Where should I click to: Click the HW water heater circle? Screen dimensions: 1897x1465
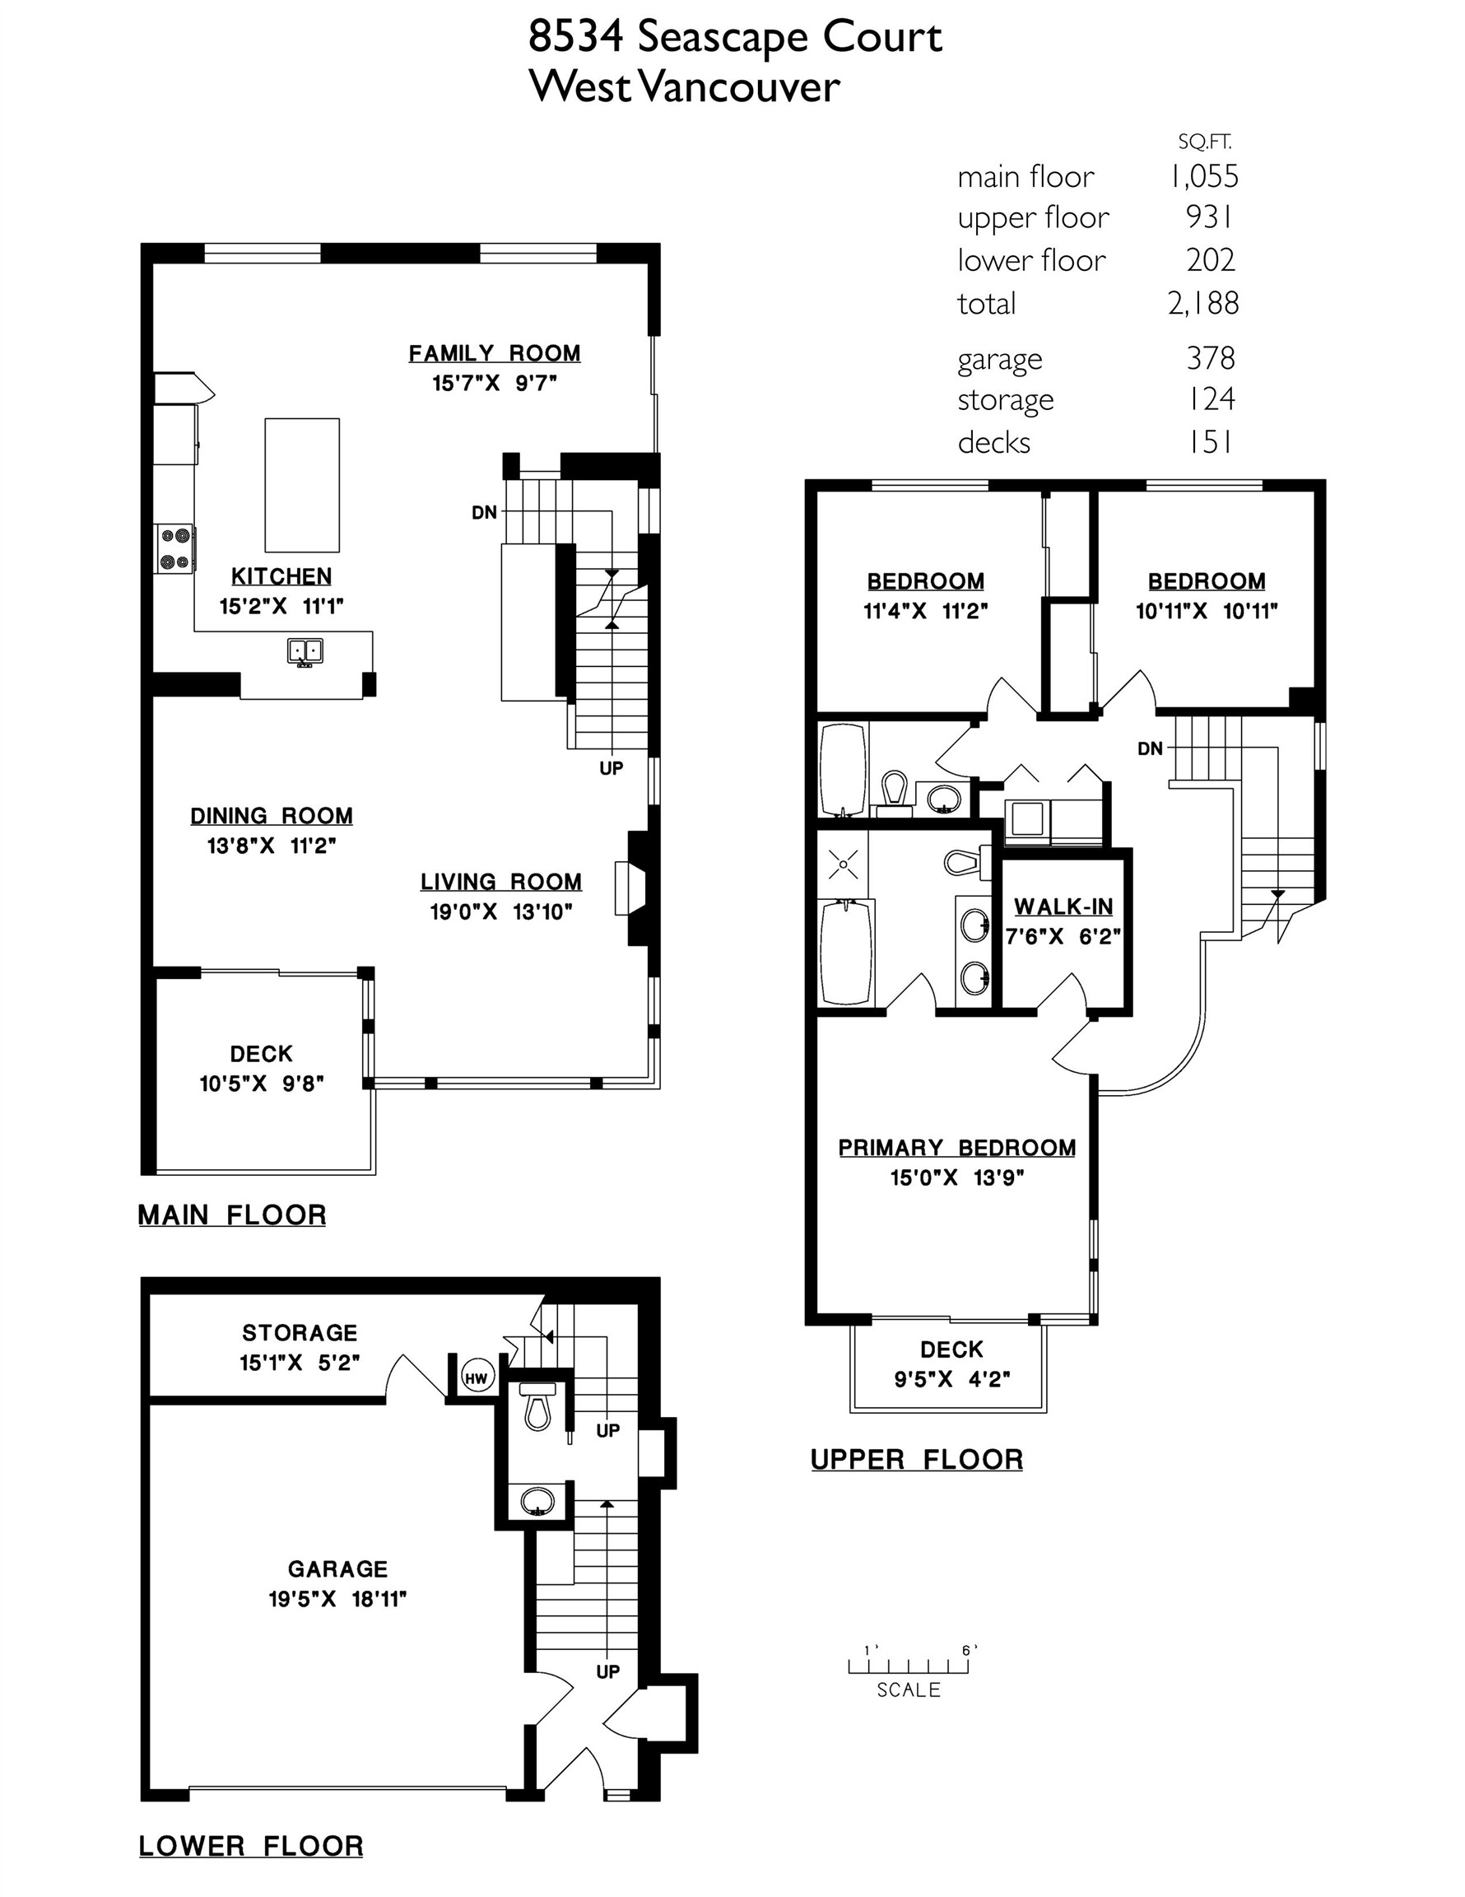(476, 1377)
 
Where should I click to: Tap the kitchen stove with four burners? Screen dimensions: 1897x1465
(175, 549)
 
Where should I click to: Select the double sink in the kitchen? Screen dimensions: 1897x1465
(305, 650)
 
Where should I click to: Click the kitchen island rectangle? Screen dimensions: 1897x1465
(301, 485)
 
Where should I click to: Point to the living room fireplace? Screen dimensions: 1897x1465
(631, 888)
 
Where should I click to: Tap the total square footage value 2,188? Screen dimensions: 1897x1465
(1202, 303)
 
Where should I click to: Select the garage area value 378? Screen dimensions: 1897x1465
(1211, 358)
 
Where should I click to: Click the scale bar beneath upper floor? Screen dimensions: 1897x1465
(909, 1666)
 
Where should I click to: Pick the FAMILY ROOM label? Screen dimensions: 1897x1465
(494, 353)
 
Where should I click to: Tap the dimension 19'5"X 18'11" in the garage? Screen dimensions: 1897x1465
(337, 1598)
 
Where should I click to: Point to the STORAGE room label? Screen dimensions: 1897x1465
(300, 1332)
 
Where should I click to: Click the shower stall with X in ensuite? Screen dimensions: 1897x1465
(842, 865)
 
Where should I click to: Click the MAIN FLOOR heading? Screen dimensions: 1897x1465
(232, 1214)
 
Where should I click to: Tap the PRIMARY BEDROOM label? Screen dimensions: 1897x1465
(956, 1148)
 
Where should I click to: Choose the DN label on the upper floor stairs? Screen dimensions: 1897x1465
(1150, 748)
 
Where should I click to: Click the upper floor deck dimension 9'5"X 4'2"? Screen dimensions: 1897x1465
(951, 1378)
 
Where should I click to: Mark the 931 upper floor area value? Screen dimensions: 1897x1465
(1209, 217)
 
